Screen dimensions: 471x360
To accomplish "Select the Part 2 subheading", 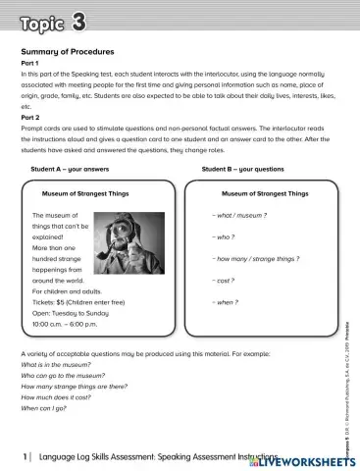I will coord(30,118).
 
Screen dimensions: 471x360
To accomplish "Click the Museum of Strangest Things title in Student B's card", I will coord(265,193).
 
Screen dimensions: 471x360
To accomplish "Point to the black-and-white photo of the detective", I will coord(129,247).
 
